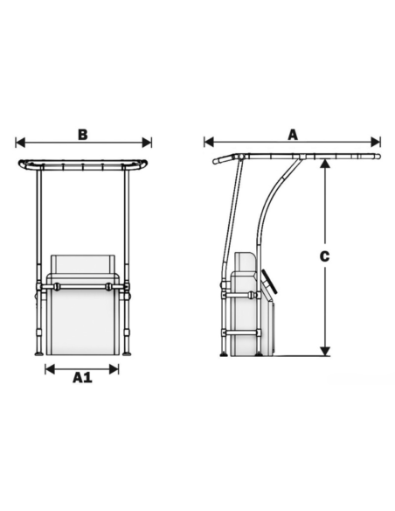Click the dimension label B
82,135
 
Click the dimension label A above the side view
293,134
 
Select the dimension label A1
82,377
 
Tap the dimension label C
324,256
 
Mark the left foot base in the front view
38,353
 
